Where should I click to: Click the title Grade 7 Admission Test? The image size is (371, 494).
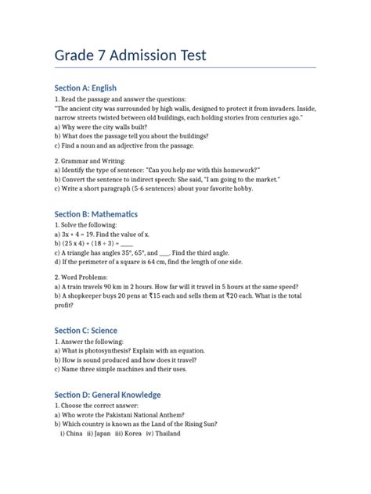click(130, 56)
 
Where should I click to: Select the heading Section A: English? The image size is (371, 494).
click(85, 88)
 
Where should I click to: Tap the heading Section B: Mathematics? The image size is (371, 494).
click(95, 213)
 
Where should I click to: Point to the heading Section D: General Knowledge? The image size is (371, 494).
click(107, 394)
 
